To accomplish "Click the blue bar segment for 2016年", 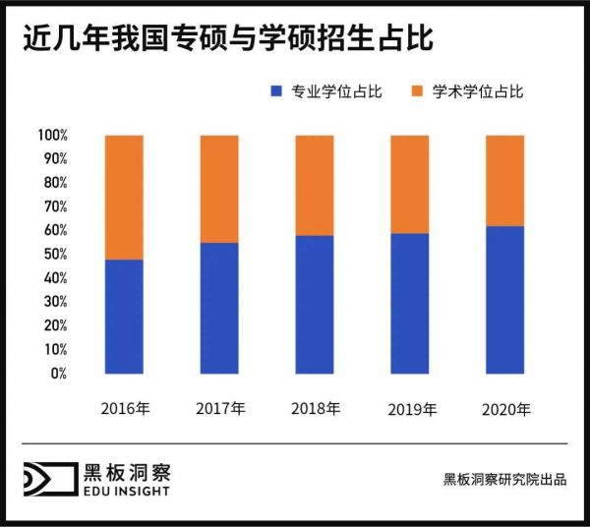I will click(123, 317).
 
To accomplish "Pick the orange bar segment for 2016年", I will click(123, 197).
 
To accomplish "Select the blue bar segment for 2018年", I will click(315, 305).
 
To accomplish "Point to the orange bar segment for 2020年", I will click(505, 180).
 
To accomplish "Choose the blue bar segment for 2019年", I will click(410, 303).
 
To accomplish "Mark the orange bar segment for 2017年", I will click(219, 189).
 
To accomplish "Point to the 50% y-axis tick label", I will click(54, 255).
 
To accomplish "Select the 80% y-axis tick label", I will click(54, 183).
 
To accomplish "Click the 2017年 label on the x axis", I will click(220, 408).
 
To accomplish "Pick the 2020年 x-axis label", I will click(506, 408).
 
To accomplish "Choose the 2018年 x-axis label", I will click(316, 408).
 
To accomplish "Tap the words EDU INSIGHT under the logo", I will click(126, 491).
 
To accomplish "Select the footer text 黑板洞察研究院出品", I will click(504, 480).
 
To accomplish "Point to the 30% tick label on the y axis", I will click(54, 302).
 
